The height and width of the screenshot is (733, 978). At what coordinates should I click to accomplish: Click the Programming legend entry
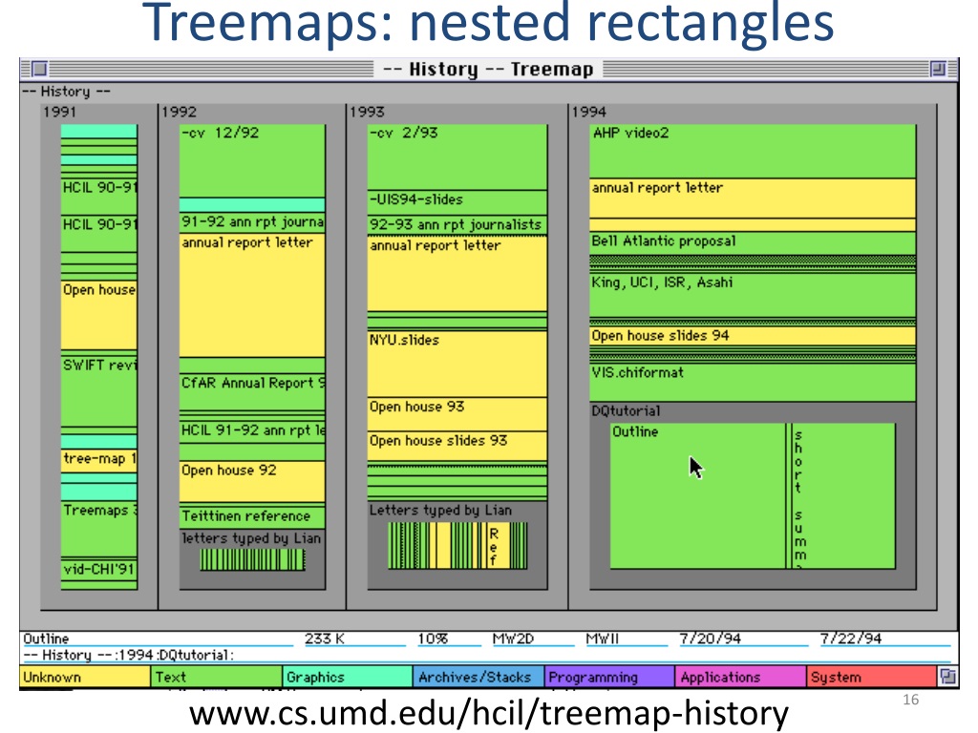[593, 678]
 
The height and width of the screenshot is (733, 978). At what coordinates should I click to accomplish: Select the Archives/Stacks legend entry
[475, 678]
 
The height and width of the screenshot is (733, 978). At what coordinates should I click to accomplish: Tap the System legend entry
[836, 678]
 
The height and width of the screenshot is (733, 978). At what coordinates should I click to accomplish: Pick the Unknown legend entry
[53, 678]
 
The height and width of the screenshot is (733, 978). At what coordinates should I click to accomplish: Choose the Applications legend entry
[720, 678]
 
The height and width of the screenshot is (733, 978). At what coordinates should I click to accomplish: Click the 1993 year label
[367, 112]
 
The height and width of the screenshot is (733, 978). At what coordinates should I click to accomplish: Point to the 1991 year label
[59, 112]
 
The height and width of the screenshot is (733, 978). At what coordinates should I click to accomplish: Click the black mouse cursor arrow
[696, 468]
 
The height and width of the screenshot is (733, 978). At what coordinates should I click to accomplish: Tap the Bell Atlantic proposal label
[664, 241]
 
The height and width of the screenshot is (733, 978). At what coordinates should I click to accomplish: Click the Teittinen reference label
[245, 516]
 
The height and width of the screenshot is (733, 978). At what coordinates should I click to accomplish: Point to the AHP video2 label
[630, 133]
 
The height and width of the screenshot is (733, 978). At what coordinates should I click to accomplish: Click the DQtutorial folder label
[626, 411]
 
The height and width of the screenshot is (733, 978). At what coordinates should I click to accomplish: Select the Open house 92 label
[228, 471]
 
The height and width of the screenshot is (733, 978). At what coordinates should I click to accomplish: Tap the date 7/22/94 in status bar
[851, 639]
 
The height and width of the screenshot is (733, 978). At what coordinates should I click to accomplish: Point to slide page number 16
[909, 702]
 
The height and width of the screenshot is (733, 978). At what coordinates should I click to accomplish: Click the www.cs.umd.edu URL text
[489, 713]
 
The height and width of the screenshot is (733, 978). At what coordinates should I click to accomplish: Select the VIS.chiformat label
[637, 372]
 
